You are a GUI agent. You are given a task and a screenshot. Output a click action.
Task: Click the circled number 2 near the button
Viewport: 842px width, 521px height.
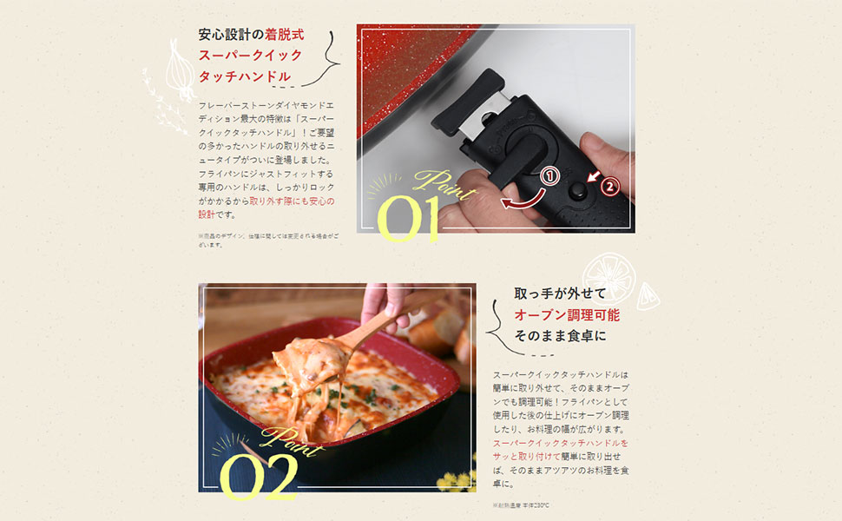(609, 185)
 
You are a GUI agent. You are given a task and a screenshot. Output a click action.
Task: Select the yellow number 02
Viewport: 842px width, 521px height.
(258, 475)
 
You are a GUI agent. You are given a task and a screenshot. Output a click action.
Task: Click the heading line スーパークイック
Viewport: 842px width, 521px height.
(250, 56)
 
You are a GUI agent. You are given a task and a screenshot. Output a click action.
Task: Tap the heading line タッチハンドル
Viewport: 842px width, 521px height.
(245, 76)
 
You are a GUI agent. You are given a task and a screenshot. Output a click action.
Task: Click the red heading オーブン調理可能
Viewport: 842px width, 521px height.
(566, 314)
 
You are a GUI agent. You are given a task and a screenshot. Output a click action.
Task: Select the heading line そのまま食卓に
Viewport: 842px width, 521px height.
(560, 335)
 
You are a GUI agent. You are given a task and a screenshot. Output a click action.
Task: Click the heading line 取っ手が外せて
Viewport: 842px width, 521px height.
(560, 293)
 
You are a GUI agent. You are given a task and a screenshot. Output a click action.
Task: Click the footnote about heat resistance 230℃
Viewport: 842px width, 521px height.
(521, 505)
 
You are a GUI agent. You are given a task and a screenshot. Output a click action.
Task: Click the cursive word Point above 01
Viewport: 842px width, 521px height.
(444, 184)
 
